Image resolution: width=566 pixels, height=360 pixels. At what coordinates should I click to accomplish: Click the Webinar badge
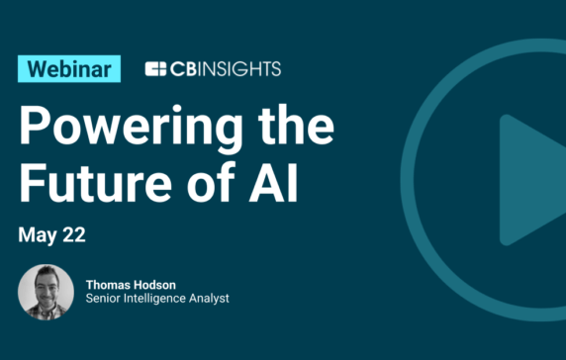[69, 68]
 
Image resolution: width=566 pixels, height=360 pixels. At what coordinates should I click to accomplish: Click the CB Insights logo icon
[155, 69]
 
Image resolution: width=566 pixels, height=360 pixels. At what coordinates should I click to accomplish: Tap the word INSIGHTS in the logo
[238, 69]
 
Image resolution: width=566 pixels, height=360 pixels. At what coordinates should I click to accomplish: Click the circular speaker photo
[46, 292]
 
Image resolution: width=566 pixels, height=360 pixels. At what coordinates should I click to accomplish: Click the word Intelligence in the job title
[161, 299]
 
